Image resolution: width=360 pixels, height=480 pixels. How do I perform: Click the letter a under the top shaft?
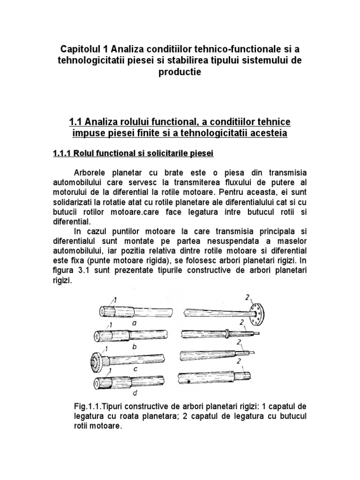[134, 322]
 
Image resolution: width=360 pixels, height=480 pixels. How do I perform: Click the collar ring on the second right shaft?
[227, 334]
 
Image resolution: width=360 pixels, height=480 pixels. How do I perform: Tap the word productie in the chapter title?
[180, 73]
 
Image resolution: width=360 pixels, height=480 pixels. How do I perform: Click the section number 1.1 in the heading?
[76, 122]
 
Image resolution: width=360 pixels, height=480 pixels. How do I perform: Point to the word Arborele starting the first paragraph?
[92, 171]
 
